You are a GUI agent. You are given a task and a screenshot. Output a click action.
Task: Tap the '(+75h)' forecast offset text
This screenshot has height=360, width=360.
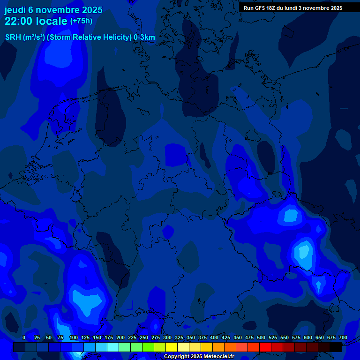click(82, 21)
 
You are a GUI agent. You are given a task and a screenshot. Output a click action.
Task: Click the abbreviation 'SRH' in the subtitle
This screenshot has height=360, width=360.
click(13, 37)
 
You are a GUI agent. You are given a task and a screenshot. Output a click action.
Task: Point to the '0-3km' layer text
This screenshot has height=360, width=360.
click(144, 37)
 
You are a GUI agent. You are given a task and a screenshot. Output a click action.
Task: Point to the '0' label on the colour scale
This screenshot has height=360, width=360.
click(24, 337)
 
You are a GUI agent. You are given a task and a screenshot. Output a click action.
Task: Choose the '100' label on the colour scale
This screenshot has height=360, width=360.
click(73, 337)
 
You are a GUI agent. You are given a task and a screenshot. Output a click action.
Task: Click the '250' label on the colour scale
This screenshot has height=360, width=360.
click(144, 337)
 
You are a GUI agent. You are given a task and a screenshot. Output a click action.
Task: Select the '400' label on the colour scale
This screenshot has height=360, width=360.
click(214, 337)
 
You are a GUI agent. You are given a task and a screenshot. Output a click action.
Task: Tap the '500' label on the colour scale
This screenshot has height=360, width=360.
click(261, 337)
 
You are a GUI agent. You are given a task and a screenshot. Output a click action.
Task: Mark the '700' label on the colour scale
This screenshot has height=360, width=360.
click(343, 337)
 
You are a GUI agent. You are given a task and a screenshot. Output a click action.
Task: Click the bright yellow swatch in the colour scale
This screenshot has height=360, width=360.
click(172, 347)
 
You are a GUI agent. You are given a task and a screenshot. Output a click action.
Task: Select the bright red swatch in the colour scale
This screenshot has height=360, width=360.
click(265, 347)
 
